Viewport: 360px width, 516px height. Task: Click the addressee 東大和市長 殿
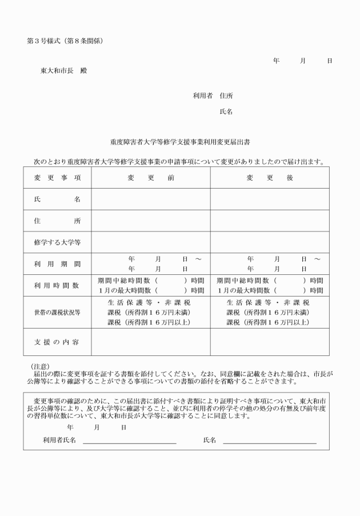[x=63, y=71]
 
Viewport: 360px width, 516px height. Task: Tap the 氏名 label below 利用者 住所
[x=226, y=112]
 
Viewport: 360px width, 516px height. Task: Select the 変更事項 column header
[x=57, y=178]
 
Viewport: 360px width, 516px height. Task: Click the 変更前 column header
[x=151, y=178]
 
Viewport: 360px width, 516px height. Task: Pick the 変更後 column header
[x=270, y=178]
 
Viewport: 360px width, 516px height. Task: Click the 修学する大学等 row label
[x=57, y=242]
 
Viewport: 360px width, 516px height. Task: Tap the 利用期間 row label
[x=57, y=264]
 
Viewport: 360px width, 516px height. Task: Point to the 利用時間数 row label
[x=57, y=285]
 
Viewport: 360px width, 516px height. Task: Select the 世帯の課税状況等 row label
[x=57, y=312]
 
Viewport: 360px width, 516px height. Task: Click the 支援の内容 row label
[x=57, y=342]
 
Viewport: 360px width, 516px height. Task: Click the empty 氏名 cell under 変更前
[x=151, y=199]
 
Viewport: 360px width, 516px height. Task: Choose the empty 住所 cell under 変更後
[x=270, y=221]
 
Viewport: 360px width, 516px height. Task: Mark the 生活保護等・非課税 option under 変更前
[x=149, y=302]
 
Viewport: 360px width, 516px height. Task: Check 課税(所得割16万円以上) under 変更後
[x=268, y=322]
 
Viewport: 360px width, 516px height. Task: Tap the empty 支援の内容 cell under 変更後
[x=270, y=342]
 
